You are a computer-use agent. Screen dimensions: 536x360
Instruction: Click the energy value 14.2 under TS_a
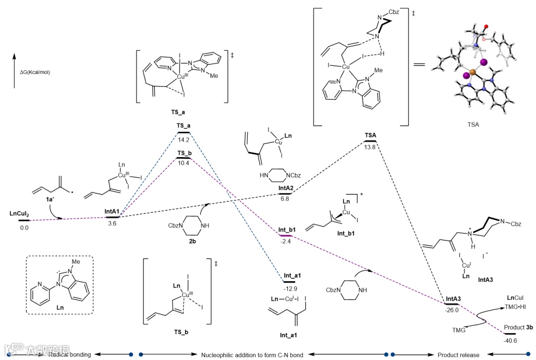coord(184,139)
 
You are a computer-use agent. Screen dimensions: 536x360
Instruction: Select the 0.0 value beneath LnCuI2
coord(24,227)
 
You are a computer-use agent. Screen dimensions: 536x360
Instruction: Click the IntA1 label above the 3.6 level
coord(112,212)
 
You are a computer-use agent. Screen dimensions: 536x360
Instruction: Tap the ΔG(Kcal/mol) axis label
coord(35,72)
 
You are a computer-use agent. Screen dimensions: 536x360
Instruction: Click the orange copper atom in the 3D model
coord(472,72)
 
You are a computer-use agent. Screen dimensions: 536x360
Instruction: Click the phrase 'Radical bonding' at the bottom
coord(69,355)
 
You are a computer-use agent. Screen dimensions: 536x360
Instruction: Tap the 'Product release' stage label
coord(458,355)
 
